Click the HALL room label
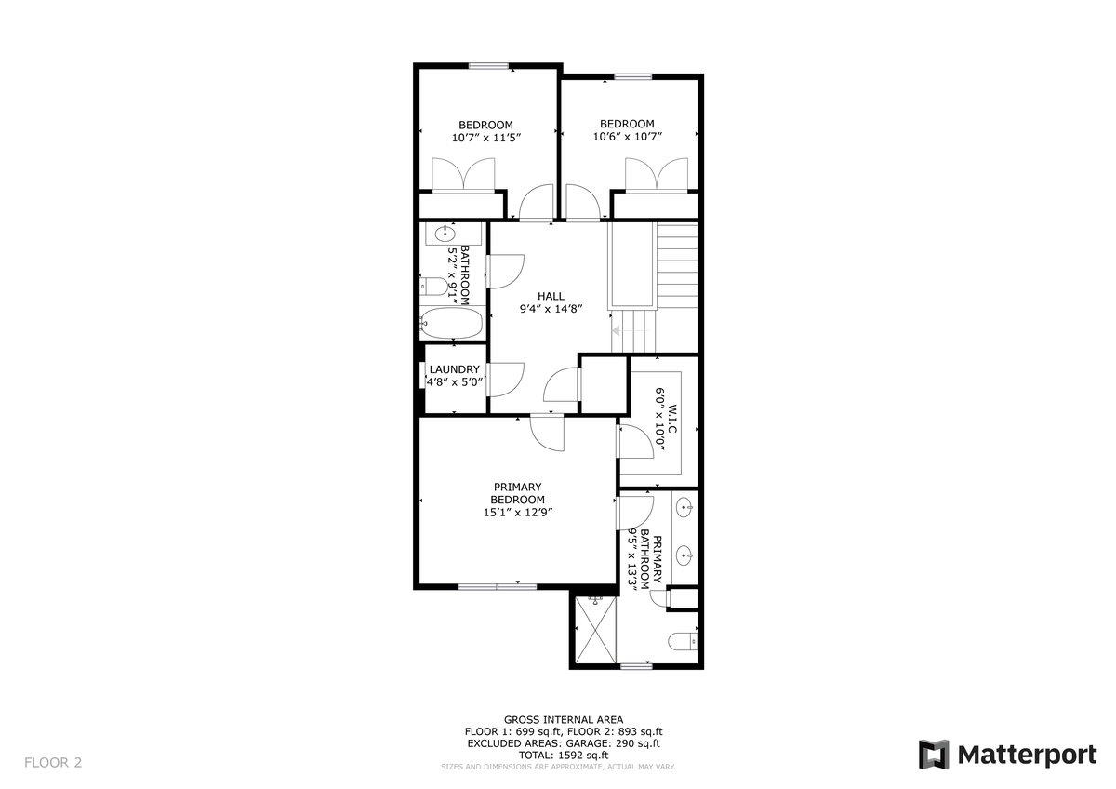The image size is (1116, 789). point(551,296)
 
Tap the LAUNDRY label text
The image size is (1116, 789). point(454,369)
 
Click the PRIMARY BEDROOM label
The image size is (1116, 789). point(518,493)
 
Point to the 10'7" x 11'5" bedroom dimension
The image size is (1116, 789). point(485,138)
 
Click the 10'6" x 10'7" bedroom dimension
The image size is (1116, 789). point(627,138)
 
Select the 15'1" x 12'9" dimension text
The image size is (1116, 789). point(518,512)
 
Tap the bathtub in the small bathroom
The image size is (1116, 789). point(451,325)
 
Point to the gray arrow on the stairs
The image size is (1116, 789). point(616,329)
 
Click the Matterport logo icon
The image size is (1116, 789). point(933,754)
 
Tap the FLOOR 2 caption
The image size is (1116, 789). point(53,763)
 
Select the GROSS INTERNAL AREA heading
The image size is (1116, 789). point(564,719)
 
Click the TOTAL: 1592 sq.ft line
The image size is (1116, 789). point(564,756)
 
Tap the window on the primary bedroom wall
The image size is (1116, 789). point(497,586)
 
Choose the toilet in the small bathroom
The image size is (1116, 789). point(435,287)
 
